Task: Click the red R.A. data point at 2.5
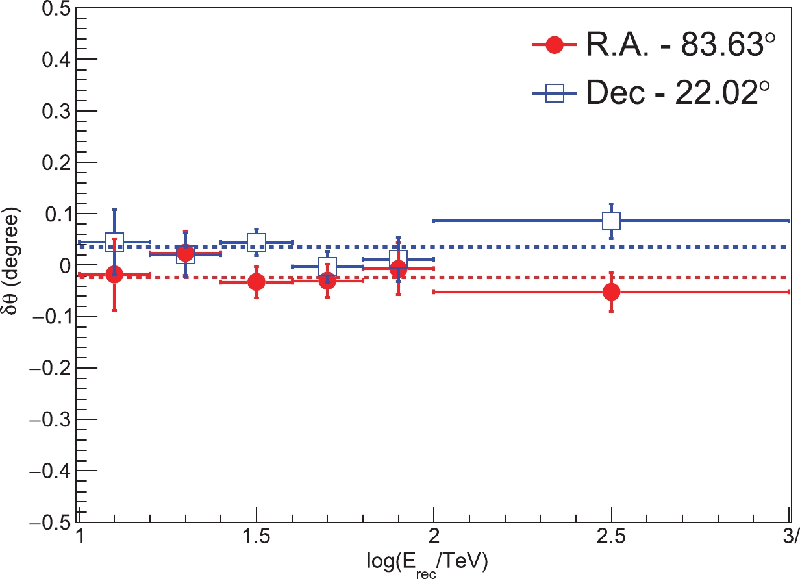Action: click(x=611, y=292)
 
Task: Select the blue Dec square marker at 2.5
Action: click(x=611, y=221)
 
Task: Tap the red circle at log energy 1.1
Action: click(x=114, y=275)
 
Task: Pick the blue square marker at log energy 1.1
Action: click(x=114, y=242)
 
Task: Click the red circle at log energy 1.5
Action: click(x=256, y=282)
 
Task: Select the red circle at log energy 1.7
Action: click(x=327, y=280)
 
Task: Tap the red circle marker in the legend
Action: click(x=554, y=45)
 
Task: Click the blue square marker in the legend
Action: click(x=554, y=95)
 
